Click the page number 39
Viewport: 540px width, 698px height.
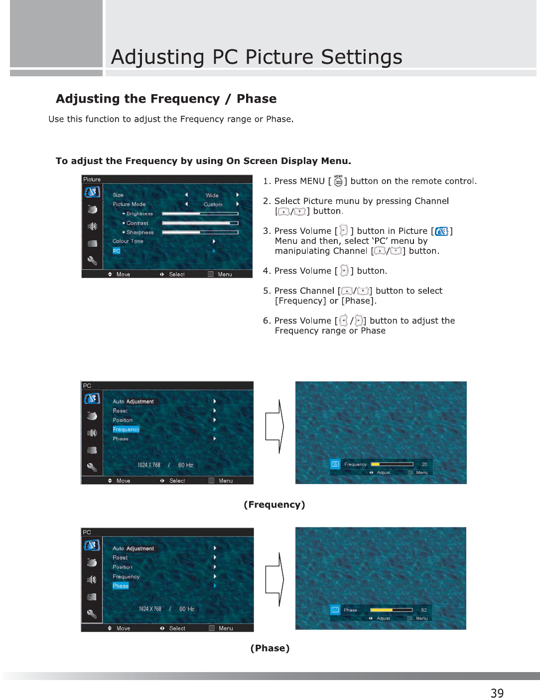pos(497,693)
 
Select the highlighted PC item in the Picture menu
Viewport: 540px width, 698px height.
pos(117,251)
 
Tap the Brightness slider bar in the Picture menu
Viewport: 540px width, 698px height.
pos(200,214)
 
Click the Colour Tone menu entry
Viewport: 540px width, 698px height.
pos(128,241)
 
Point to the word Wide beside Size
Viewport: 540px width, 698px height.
pos(212,195)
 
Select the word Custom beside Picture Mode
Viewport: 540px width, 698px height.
pos(213,204)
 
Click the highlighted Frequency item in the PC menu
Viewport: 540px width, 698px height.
pos(126,429)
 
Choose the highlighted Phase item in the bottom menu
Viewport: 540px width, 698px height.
pos(121,586)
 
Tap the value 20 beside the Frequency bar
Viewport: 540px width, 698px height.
pos(424,464)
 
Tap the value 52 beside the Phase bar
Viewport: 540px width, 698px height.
pos(424,610)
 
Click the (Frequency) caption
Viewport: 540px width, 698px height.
pos(274,505)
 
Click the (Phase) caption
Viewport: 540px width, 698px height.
pos(270,648)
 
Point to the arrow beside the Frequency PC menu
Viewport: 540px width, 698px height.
pos(274,426)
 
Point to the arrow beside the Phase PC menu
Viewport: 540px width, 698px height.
pos(274,579)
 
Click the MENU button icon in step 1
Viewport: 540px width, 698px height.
pos(338,181)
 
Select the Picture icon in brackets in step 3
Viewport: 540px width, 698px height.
pos(441,231)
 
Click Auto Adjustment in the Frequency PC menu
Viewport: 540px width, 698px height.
pos(133,401)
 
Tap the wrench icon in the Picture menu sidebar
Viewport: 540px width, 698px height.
pos(92,260)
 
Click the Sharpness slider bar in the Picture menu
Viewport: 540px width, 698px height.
pos(200,232)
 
